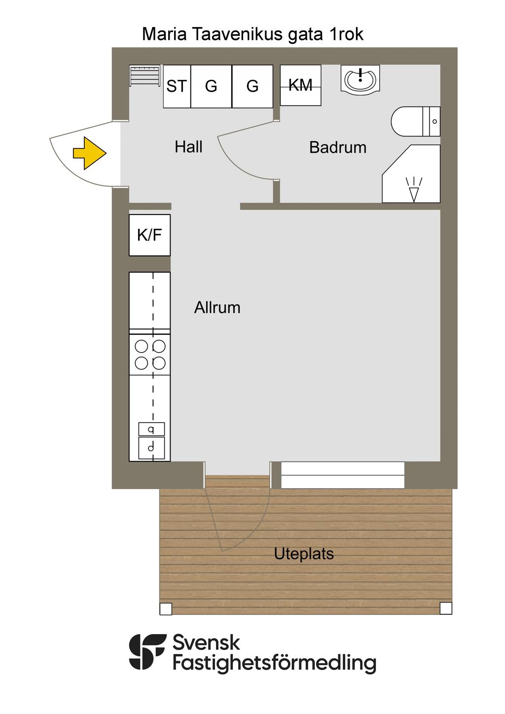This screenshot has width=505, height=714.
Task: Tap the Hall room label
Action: click(188, 147)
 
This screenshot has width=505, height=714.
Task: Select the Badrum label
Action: click(338, 147)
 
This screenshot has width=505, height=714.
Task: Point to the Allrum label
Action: click(217, 308)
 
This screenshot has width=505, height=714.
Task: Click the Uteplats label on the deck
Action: click(304, 554)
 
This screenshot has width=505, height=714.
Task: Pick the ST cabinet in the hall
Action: click(177, 86)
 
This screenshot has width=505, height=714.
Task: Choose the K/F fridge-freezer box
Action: click(149, 235)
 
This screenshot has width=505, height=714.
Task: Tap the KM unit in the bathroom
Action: click(300, 85)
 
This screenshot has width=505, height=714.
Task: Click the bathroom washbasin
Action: click(360, 78)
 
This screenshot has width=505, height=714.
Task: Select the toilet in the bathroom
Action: click(416, 121)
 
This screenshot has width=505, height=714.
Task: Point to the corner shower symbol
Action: click(411, 174)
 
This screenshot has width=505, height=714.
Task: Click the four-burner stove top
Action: click(149, 355)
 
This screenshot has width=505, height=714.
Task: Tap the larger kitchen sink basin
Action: click(151, 448)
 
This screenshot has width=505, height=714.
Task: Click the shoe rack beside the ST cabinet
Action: click(144, 75)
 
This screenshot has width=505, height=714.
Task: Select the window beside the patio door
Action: click(343, 475)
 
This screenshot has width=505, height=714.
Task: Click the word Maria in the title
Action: click(164, 34)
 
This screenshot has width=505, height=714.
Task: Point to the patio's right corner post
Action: click(446, 608)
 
